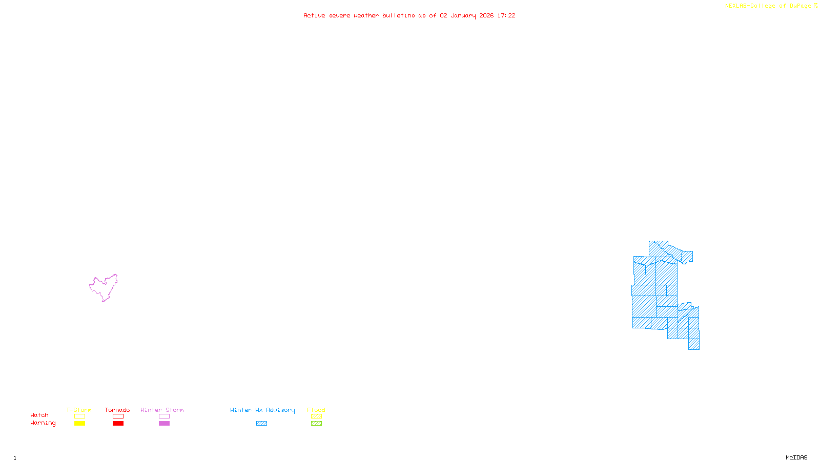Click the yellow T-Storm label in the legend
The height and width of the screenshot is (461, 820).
(x=79, y=410)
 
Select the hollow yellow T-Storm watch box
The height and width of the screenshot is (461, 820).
(x=79, y=416)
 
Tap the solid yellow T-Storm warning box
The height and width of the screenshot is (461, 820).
(x=79, y=424)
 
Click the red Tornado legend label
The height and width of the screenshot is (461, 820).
(x=117, y=410)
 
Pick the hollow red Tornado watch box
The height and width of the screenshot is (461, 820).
(x=118, y=416)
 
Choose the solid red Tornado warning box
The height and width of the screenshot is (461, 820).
(x=118, y=424)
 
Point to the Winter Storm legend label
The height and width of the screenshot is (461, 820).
(x=162, y=410)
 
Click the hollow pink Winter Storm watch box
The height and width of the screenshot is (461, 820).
(x=164, y=416)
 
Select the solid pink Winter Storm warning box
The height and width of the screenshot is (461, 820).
(x=164, y=424)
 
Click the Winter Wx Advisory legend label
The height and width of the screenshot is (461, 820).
(x=262, y=410)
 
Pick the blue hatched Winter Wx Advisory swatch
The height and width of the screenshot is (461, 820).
(x=261, y=424)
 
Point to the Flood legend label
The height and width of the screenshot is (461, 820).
(x=316, y=410)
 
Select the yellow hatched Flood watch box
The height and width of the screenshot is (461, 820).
(x=316, y=416)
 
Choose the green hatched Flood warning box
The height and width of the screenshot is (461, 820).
(x=316, y=424)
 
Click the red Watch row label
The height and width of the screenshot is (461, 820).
(x=39, y=415)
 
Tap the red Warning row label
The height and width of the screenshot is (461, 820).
(x=43, y=423)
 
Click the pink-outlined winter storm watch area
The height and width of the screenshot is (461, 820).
(x=104, y=287)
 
